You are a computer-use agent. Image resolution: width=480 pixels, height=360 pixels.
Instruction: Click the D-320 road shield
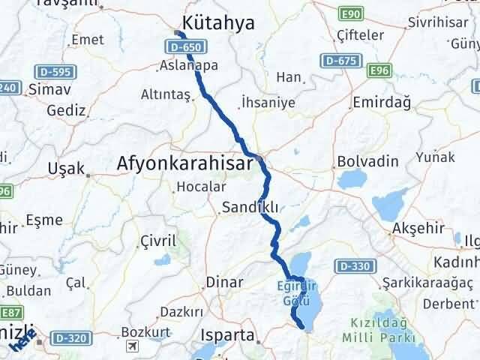[x=73, y=337]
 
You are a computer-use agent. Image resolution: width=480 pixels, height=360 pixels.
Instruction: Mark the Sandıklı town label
[x=250, y=208]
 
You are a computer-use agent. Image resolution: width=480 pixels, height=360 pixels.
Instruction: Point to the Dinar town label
[x=224, y=283]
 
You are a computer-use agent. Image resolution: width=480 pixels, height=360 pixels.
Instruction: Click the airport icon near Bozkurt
[x=133, y=346]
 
